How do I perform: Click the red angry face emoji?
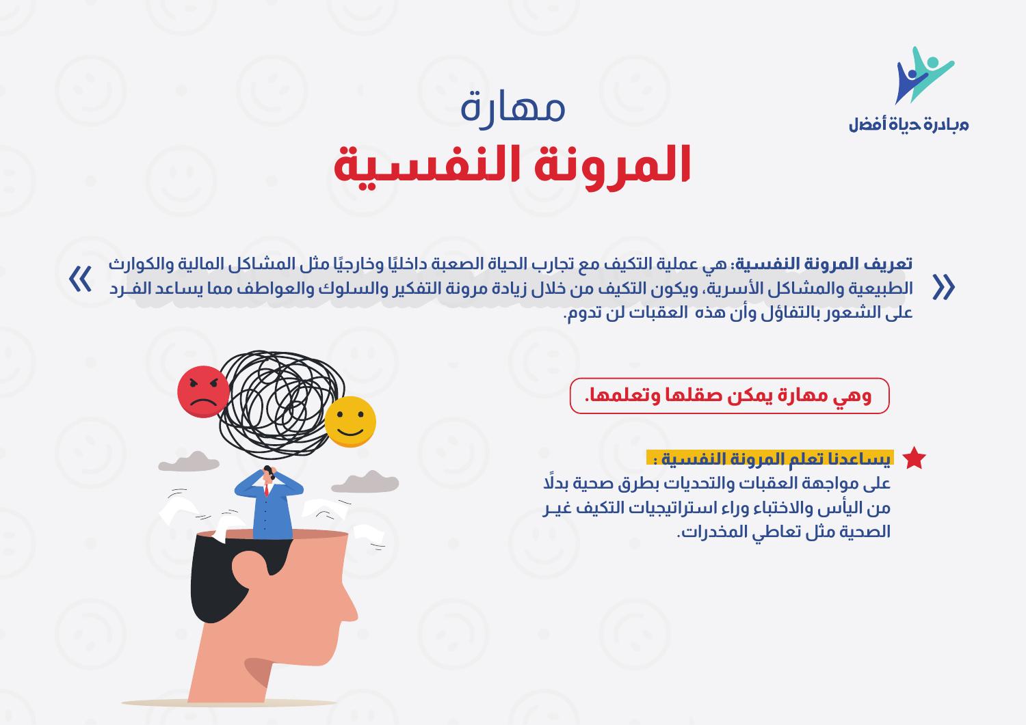tap(203, 392)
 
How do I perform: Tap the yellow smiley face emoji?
tap(350, 422)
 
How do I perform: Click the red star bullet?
tap(914, 459)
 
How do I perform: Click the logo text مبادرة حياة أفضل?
tap(908, 125)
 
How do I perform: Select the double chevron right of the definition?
tap(944, 288)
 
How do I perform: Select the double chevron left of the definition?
tap(81, 280)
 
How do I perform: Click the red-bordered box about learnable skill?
tap(729, 396)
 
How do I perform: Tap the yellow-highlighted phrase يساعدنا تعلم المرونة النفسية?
tap(770, 459)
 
